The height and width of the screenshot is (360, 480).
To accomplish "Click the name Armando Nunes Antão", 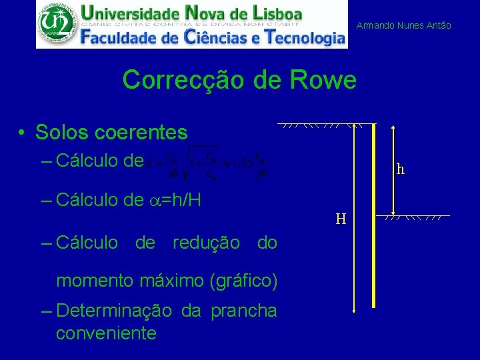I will (404, 25).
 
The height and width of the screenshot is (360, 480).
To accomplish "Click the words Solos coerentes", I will (111, 133).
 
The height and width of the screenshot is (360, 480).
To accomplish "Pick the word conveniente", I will (107, 333).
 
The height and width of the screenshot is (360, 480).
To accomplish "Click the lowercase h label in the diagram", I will (400, 169).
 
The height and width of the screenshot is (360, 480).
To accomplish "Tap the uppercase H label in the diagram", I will (341, 219).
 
